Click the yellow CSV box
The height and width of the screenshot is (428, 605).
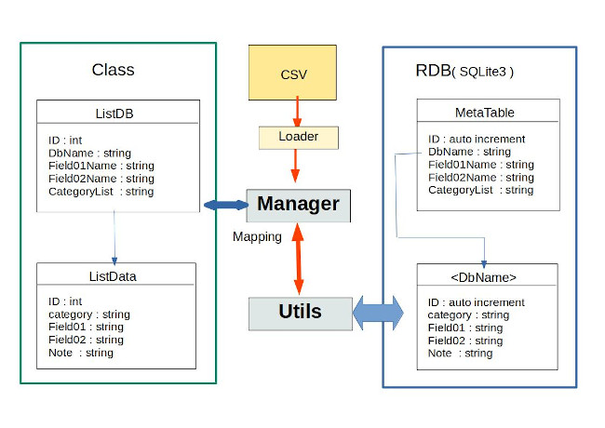[293, 73]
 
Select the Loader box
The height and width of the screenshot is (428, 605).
[298, 138]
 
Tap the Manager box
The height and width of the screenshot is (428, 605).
[298, 205]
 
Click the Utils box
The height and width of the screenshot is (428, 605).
[301, 313]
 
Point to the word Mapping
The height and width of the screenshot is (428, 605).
[257, 236]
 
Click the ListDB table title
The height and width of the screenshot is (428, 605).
[117, 114]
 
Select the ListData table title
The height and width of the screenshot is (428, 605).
[116, 275]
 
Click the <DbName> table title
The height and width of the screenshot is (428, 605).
[487, 276]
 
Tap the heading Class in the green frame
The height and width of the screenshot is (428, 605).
[113, 70]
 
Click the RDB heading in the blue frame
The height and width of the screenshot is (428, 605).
[434, 71]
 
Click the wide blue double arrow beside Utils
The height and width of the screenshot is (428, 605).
[378, 313]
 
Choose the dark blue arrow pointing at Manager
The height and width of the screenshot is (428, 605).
[224, 204]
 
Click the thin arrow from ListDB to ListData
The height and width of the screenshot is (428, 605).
[114, 236]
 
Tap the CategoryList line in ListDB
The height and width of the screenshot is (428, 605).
[101, 192]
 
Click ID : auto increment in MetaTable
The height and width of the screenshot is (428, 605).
[477, 139]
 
